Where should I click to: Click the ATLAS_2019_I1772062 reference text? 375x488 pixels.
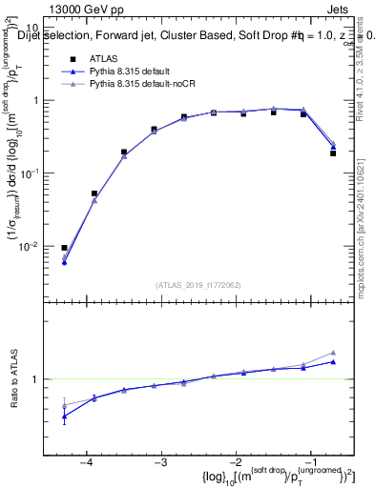coord(198,285)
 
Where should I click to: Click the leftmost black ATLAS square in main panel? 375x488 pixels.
coord(64,248)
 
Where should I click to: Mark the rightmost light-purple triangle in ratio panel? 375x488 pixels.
coord(333,353)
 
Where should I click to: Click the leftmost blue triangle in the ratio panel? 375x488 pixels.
coord(64,416)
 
